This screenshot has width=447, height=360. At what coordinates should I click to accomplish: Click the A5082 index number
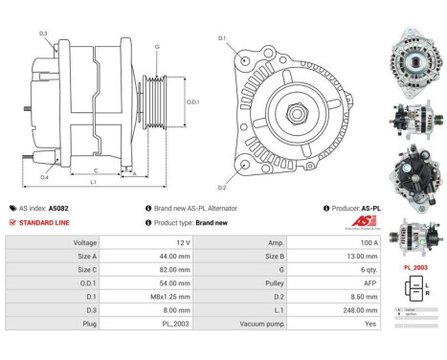tap(59, 208)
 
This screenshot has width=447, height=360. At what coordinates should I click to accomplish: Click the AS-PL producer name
tap(370, 208)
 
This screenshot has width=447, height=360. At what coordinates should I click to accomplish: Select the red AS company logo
tap(368, 222)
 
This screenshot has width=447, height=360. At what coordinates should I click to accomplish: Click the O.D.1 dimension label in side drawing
tap(192, 101)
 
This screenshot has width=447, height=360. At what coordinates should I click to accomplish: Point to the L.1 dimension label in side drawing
tap(93, 182)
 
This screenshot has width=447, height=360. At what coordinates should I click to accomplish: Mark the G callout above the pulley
tap(156, 46)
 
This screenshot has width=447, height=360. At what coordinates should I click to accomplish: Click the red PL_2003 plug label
tap(413, 269)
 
